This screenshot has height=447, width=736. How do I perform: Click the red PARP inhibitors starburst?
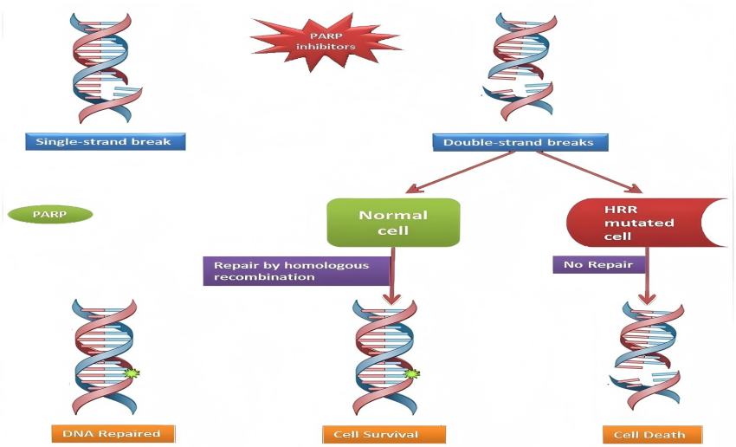coord(325,38)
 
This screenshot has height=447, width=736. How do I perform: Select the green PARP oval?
coord(49,214)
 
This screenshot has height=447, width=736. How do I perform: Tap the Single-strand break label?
coord(105,142)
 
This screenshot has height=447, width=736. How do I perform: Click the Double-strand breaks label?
coord(518,142)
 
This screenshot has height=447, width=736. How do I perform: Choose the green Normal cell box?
coord(392,223)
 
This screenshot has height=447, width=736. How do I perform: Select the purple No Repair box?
coord(598,265)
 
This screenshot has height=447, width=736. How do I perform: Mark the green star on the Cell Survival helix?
coord(411,373)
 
